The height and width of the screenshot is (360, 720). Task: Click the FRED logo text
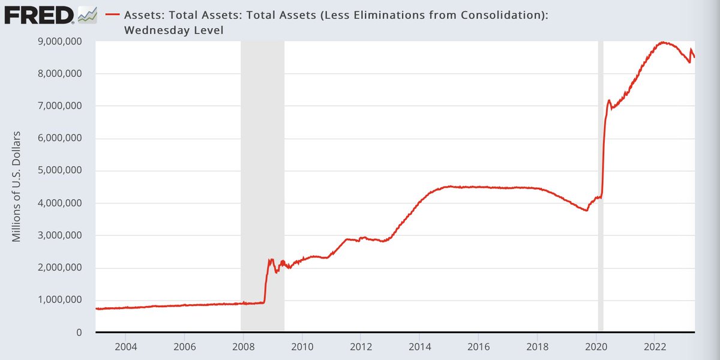pyautogui.click(x=39, y=14)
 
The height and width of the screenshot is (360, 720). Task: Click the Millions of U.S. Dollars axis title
pyautogui.click(x=17, y=186)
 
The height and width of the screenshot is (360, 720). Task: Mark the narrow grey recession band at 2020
pyautogui.click(x=601, y=180)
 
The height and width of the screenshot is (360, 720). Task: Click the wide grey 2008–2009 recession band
pyautogui.click(x=262, y=150)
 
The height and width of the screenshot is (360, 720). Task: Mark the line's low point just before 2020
pyautogui.click(x=586, y=211)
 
